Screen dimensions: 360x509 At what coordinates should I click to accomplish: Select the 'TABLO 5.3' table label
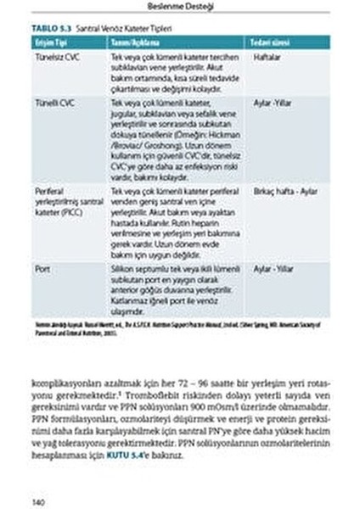(x=51, y=27)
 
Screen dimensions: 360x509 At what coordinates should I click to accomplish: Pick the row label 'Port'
(x=42, y=268)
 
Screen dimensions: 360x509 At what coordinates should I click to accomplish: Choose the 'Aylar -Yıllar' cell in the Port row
(x=273, y=268)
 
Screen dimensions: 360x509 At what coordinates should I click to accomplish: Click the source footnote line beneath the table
(x=178, y=327)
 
